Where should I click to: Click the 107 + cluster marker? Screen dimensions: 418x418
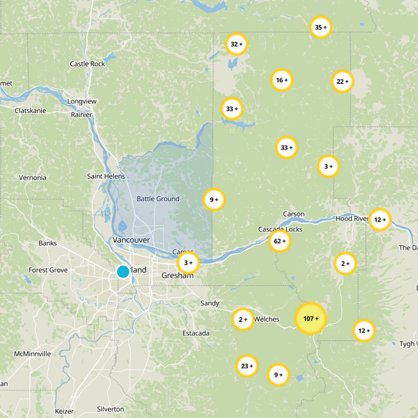[x=310, y=318]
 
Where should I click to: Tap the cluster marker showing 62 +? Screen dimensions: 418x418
[x=280, y=241]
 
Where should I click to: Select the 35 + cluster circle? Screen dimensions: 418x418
[x=321, y=27]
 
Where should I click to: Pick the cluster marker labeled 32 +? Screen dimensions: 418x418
[x=237, y=44]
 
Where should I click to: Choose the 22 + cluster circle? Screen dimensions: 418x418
[x=342, y=81]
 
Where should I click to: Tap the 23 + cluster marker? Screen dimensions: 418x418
[x=247, y=366]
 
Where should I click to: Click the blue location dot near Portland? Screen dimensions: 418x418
[x=123, y=271]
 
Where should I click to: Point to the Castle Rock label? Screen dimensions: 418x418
[x=87, y=64]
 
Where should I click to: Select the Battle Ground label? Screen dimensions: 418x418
[x=158, y=199]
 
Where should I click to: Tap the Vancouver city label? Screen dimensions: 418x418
[x=131, y=240]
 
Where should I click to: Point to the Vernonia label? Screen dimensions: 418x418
[x=32, y=178]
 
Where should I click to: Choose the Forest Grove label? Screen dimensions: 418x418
[x=48, y=270]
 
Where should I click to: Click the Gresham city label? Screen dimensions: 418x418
[x=177, y=275]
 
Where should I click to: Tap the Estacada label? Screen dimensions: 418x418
[x=196, y=333]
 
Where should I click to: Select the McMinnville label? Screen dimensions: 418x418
[x=32, y=354]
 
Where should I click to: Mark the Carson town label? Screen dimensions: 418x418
[x=293, y=214]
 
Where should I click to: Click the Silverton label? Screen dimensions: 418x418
[x=110, y=409]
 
